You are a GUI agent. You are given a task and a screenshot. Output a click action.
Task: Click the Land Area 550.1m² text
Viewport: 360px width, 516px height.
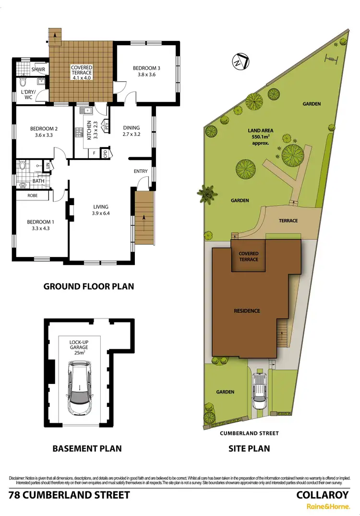[x=258, y=136]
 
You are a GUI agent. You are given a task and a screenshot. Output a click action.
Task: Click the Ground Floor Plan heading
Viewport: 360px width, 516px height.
[x=88, y=286]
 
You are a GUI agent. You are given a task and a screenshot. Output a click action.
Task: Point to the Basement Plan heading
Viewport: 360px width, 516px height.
[x=86, y=449]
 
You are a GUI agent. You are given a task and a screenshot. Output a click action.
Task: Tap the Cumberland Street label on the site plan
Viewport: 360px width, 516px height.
[x=249, y=433]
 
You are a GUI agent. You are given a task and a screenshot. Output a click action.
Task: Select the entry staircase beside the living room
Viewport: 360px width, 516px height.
[x=144, y=217]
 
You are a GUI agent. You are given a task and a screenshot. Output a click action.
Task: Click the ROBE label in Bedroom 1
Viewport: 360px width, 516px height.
[x=32, y=196]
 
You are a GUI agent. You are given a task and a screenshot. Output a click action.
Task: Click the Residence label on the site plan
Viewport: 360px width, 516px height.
[x=247, y=311]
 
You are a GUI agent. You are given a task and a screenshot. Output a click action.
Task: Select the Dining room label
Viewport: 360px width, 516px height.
[x=131, y=131]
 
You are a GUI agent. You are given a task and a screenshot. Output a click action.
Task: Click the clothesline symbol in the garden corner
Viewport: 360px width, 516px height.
[x=331, y=60]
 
